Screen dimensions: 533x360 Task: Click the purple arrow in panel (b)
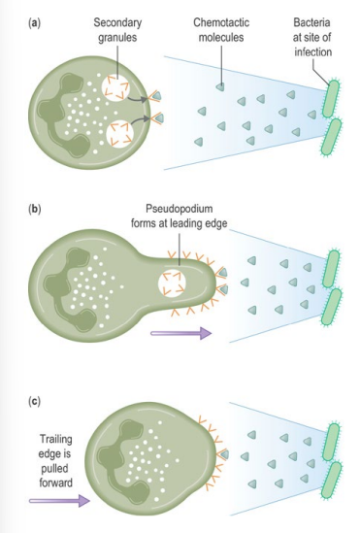(x=181, y=332)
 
